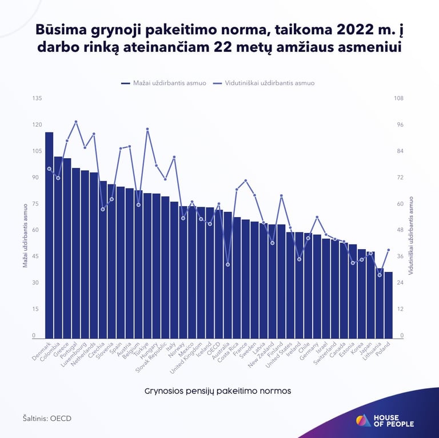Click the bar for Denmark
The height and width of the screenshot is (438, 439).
[x=49, y=234]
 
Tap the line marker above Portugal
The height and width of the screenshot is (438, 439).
[x=76, y=122]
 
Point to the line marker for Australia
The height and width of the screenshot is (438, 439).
[x=228, y=264]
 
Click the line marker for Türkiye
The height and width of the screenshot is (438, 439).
[x=147, y=129]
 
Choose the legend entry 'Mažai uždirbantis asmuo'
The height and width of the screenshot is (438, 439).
[x=163, y=83]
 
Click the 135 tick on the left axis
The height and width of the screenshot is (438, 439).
[x=37, y=98]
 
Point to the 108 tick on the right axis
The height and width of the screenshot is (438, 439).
[x=399, y=98]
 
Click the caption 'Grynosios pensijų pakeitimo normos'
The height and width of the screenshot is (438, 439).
[x=218, y=391]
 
